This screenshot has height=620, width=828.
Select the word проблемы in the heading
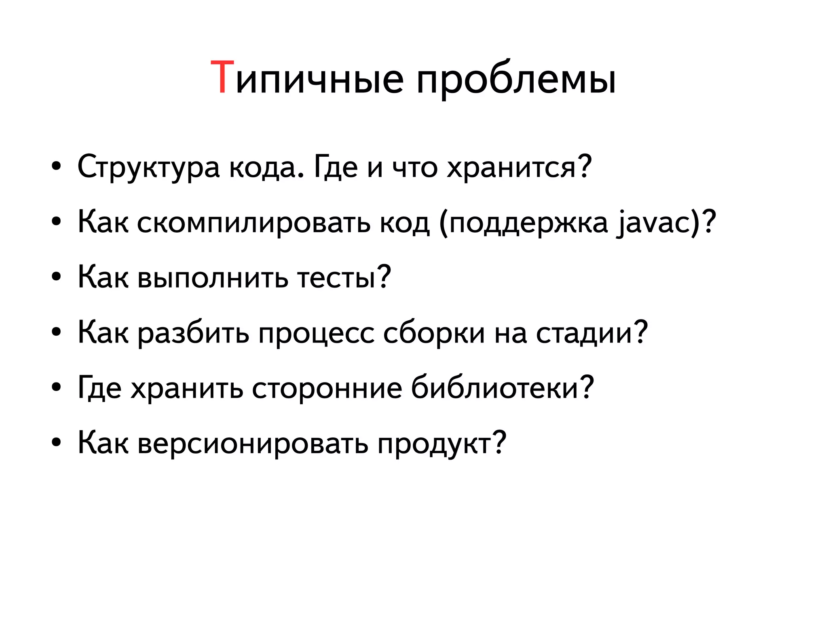click(516, 81)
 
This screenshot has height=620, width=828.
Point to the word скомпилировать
click(253, 223)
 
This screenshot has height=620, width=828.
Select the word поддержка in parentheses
click(528, 223)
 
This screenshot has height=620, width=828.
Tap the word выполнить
click(213, 277)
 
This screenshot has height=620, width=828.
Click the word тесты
click(337, 277)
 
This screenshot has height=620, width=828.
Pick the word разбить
click(193, 333)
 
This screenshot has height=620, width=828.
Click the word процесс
click(316, 333)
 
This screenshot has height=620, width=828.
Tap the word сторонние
click(327, 388)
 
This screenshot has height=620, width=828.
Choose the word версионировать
click(253, 443)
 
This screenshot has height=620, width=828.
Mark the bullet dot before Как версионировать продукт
click(56, 443)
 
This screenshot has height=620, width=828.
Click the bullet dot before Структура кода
click(56, 167)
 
